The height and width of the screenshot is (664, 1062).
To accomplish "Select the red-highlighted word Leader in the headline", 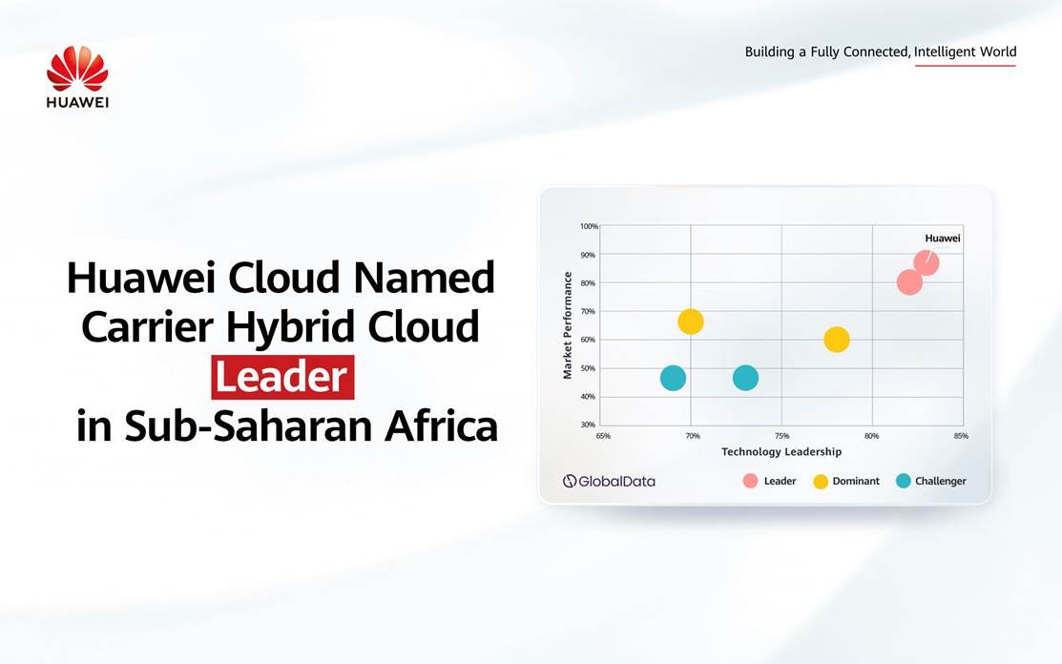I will [281, 378].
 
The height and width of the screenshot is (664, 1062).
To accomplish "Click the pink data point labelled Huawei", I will [926, 262].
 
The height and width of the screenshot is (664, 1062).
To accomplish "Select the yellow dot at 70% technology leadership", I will [691, 322].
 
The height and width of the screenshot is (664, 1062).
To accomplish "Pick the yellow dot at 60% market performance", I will [837, 340].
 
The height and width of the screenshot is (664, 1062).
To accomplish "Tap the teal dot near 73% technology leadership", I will [745, 378].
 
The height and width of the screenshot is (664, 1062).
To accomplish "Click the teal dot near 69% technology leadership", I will [673, 378].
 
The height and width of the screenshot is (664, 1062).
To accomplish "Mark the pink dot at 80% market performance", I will [909, 282].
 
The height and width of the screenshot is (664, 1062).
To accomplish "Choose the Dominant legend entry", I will [845, 481].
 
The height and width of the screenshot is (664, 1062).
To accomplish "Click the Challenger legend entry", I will [931, 481].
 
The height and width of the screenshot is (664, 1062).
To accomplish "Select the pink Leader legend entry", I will [770, 481].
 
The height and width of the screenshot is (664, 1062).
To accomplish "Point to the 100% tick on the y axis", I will [589, 226].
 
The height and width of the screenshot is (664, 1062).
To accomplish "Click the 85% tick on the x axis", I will [960, 435].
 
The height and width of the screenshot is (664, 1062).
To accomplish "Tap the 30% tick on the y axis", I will [590, 425].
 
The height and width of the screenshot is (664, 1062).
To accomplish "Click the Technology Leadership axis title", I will [781, 451].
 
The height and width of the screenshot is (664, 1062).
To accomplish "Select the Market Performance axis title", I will [569, 325].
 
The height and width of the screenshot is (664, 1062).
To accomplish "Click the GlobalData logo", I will [609, 481].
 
